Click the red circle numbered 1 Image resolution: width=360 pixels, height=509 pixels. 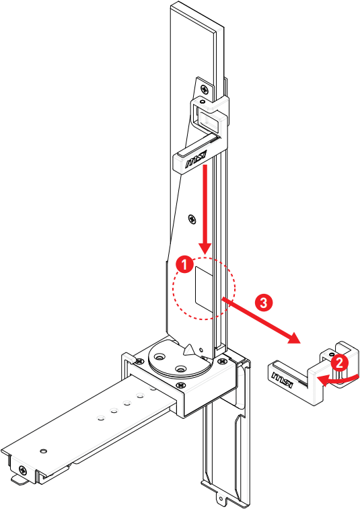click(184, 265)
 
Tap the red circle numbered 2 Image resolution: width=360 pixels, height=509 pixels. click(339, 362)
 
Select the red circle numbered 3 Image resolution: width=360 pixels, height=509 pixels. click(263, 303)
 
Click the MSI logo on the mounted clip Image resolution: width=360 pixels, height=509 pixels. click(196, 159)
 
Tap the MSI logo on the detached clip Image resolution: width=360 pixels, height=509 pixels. click(283, 379)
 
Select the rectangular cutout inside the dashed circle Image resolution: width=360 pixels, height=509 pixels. click(204, 290)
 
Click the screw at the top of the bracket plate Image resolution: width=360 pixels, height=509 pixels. click(205, 89)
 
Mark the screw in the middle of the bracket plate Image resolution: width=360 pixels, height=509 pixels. click(192, 219)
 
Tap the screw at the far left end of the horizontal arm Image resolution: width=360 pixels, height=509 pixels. click(23, 470)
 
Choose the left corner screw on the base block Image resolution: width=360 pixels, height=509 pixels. click(139, 361)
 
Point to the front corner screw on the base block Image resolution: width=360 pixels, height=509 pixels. click(180, 385)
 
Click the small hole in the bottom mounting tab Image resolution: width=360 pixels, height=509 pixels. click(222, 499)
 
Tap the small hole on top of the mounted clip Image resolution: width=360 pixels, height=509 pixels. click(203, 102)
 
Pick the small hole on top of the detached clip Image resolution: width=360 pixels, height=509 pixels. click(331, 353)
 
